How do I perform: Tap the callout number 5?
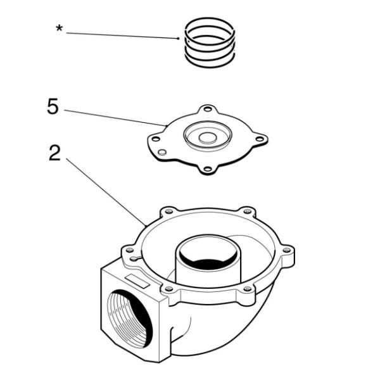pyautogui.click(x=53, y=106)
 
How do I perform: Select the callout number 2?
pyautogui.click(x=55, y=153)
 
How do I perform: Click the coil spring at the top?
pyautogui.click(x=210, y=42)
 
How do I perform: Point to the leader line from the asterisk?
pyautogui.click(x=120, y=35)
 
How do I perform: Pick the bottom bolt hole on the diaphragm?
pyautogui.click(x=206, y=168)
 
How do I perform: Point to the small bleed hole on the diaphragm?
pyautogui.click(x=163, y=153)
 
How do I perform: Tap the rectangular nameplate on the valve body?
pyautogui.click(x=136, y=280)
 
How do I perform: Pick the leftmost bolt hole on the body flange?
pyautogui.click(x=129, y=250)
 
